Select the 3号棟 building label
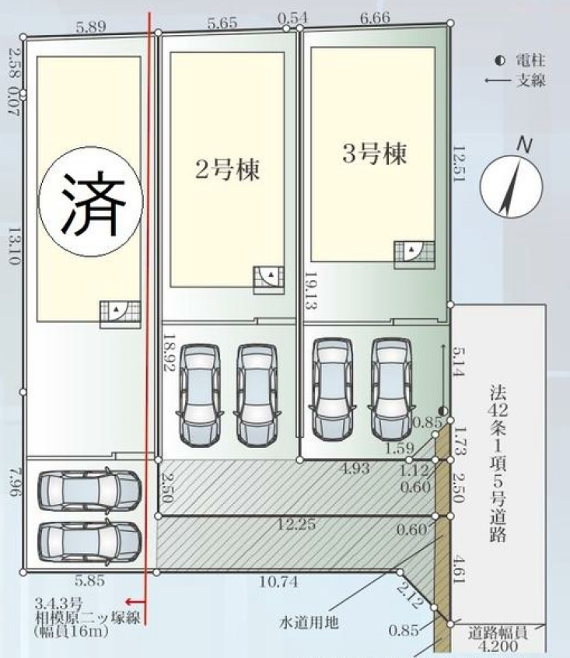pyautogui.click(x=375, y=153)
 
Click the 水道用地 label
pyautogui.click(x=308, y=623)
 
